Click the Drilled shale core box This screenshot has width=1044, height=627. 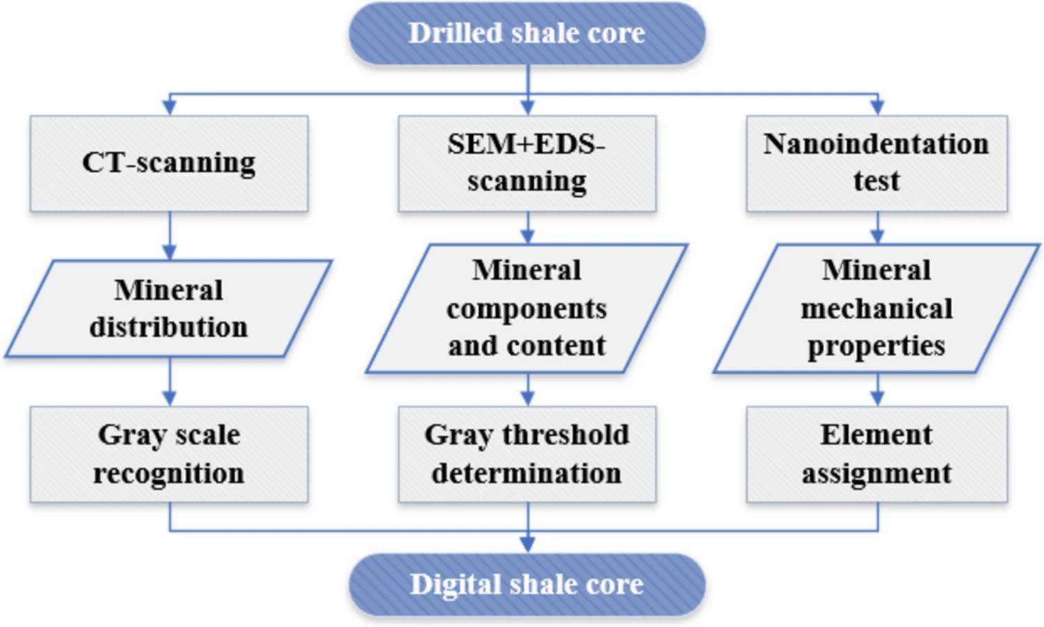[527, 33]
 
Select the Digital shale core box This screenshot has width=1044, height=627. [527, 584]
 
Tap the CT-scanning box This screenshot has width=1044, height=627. [169, 163]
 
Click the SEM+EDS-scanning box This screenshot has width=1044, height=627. [527, 163]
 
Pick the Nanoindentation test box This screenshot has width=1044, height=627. [877, 163]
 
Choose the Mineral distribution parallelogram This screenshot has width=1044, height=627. [169, 309]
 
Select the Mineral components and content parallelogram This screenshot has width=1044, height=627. [527, 309]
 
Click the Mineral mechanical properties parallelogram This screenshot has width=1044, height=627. [877, 309]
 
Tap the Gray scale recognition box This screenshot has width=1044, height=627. [169, 454]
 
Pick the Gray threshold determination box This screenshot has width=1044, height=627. [527, 454]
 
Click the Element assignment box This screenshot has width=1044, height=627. [877, 454]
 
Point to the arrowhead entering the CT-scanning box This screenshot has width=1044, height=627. [170, 108]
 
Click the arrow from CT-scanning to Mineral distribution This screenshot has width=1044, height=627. [170, 236]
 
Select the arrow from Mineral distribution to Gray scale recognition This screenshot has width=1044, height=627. [170, 382]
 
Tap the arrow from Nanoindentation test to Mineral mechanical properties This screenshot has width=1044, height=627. [878, 228]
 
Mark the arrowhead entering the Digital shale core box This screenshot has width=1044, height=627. [528, 546]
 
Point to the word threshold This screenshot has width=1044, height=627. [565, 434]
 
